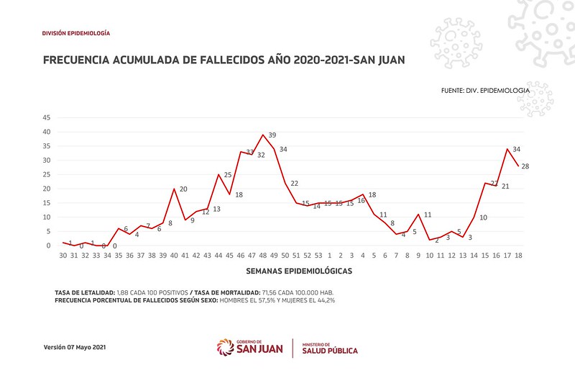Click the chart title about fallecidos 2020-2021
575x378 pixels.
click(x=223, y=60)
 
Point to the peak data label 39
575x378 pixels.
click(x=272, y=135)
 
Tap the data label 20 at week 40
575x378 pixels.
click(x=183, y=189)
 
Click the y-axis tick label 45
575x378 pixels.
click(x=47, y=117)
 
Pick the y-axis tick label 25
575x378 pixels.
click(x=47, y=174)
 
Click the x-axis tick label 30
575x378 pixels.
click(x=63, y=255)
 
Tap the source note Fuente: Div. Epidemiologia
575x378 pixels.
click(x=486, y=91)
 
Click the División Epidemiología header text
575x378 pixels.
click(x=76, y=34)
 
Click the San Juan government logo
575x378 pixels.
click(x=249, y=348)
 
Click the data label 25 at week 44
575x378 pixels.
click(x=228, y=175)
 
